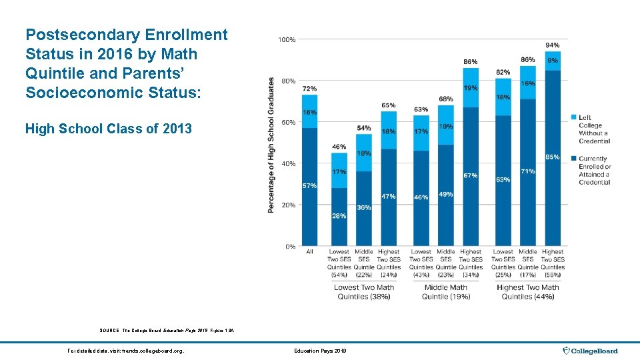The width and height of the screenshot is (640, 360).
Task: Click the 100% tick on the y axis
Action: click(287, 40)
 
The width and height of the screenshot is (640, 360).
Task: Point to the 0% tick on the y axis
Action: click(290, 247)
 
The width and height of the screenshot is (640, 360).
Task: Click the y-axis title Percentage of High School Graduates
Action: click(271, 145)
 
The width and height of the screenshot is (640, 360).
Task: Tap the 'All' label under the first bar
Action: click(309, 252)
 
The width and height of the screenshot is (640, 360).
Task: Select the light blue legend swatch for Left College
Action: click(575, 118)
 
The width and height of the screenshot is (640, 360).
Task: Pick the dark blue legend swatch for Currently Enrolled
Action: click(575, 159)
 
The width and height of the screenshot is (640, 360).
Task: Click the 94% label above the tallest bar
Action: click(553, 45)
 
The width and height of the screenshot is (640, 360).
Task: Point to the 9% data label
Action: click(553, 60)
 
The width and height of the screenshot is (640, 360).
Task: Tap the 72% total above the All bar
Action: click(309, 89)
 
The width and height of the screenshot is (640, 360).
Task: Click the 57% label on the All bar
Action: click(309, 185)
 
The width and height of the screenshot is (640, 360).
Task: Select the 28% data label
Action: click(339, 216)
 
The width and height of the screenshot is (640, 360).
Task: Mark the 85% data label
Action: click(553, 157)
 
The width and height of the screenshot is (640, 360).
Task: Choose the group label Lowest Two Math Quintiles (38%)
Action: click(364, 292)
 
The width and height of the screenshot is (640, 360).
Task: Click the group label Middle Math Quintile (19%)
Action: click(446, 292)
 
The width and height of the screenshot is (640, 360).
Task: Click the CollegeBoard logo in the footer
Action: click(591, 351)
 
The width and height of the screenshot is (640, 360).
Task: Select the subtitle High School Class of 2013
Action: click(108, 129)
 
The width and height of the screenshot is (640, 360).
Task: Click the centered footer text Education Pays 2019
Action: click(320, 351)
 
